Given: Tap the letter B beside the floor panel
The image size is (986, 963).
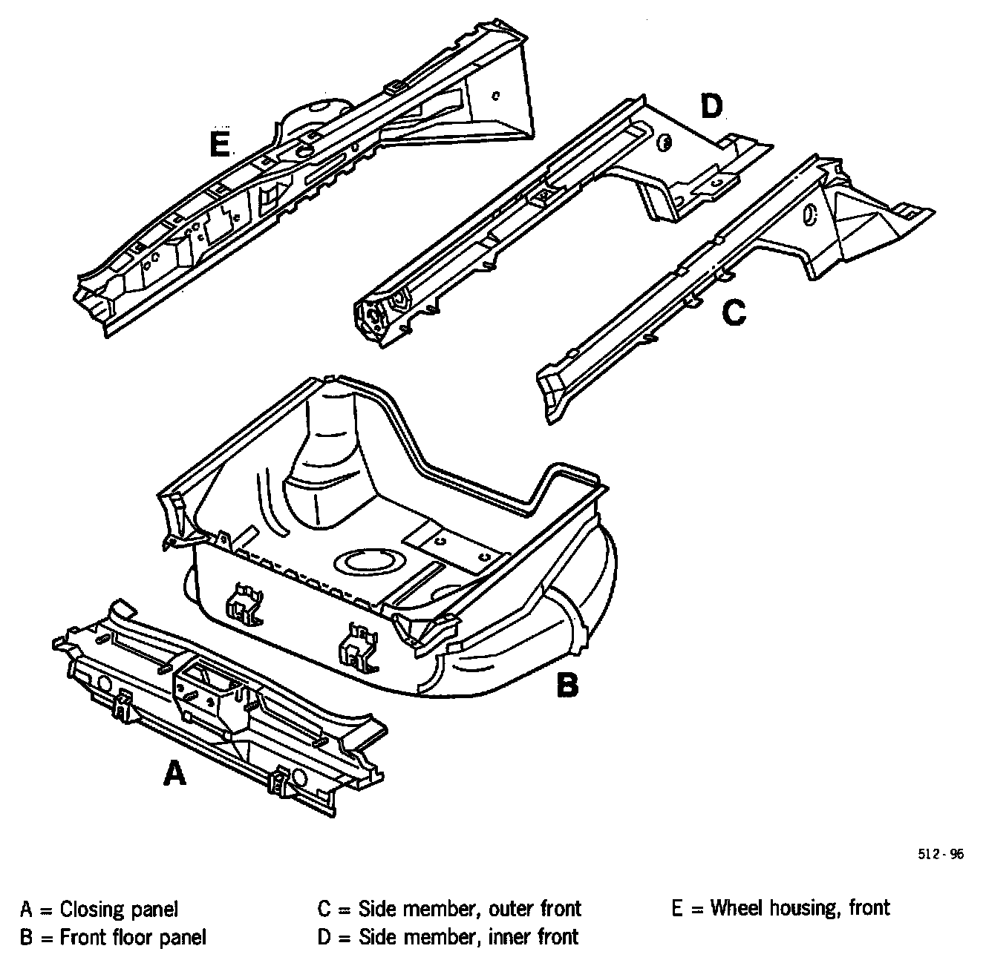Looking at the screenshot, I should click(567, 685).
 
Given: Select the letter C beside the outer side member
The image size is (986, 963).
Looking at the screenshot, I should click(734, 313).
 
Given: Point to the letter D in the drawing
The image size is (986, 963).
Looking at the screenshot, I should click(711, 107).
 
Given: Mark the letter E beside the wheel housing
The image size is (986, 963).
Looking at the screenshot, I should click(219, 144).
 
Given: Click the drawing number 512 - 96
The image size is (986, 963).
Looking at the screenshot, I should click(940, 854).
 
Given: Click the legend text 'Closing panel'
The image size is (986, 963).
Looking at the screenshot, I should click(119, 909).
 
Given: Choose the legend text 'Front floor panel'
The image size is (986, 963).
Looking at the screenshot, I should click(133, 937).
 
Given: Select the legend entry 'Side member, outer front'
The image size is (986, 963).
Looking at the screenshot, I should click(469, 909).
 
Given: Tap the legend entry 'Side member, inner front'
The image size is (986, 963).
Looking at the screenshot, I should click(468, 937).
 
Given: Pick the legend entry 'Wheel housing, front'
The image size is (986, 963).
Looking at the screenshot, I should click(800, 907).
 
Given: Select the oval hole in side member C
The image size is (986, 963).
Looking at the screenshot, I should click(810, 214).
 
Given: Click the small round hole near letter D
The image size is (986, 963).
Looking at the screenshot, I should click(665, 142).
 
